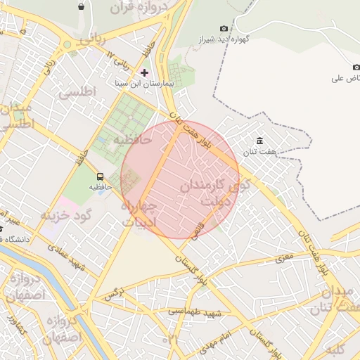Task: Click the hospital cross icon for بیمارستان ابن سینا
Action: [145, 72]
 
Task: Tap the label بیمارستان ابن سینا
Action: [144, 83]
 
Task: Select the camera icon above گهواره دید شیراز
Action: [224, 29]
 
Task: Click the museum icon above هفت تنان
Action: [260, 141]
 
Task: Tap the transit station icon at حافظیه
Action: [100, 177]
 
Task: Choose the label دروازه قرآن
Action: [140, 9]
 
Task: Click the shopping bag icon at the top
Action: [82, 6]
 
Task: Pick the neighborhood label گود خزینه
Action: [67, 214]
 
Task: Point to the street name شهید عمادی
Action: [70, 253]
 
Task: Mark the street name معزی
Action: [283, 258]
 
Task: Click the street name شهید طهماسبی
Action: [196, 311]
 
